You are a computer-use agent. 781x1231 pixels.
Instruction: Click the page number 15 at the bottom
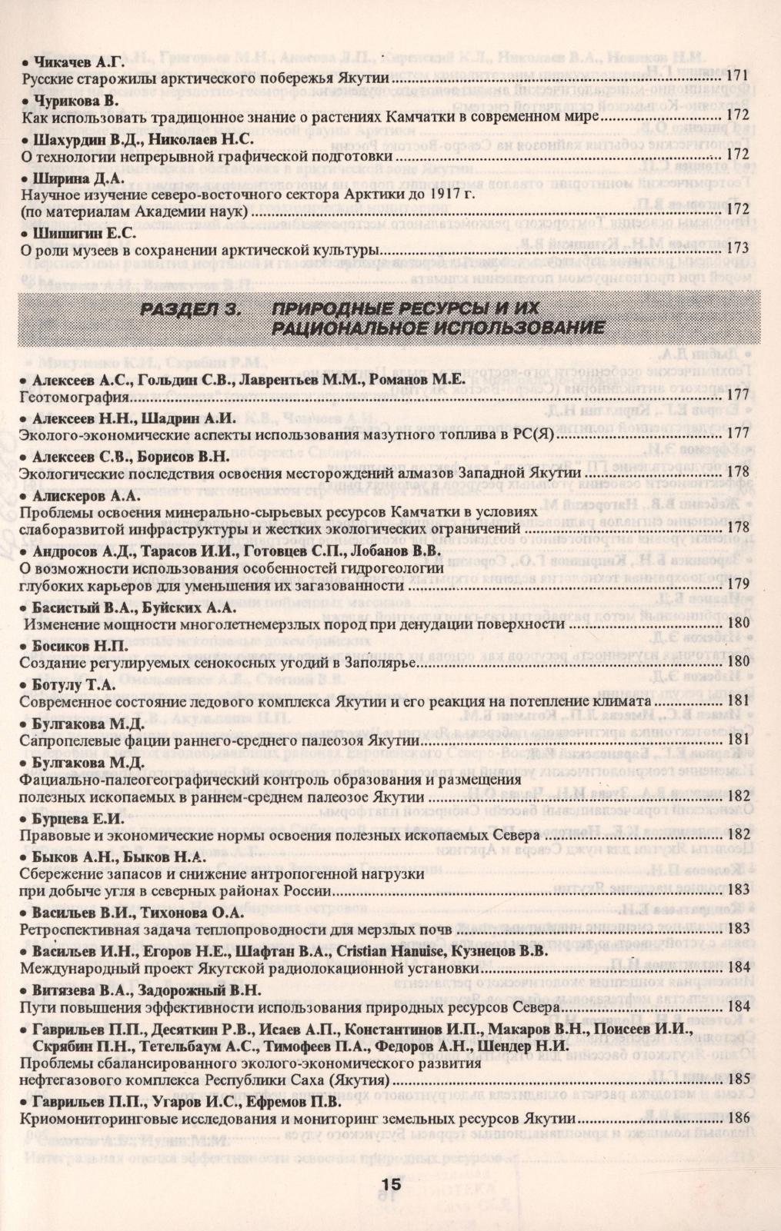pyautogui.click(x=390, y=1185)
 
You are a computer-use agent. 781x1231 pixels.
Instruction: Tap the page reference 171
pyautogui.click(x=737, y=77)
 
